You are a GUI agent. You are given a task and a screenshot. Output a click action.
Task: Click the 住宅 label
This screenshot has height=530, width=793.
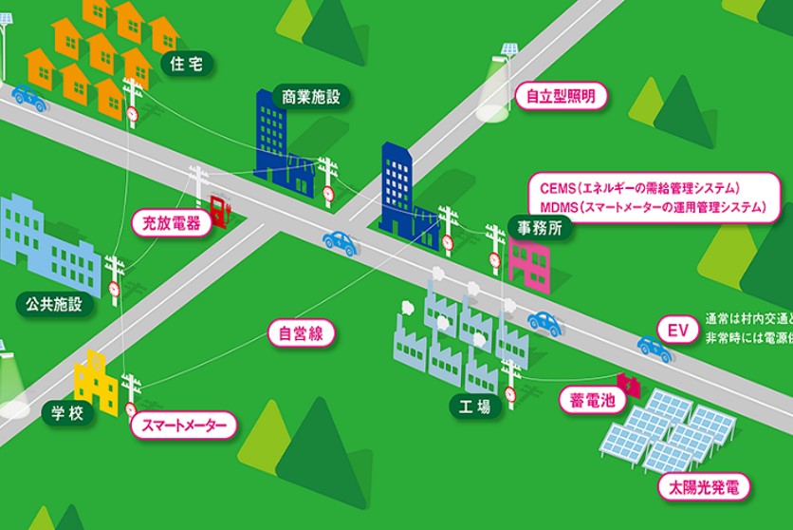pos(186,64)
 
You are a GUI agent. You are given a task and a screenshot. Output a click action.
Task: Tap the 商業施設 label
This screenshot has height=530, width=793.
pos(310,95)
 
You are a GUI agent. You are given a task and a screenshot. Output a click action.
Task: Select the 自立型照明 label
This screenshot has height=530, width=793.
pos(561,96)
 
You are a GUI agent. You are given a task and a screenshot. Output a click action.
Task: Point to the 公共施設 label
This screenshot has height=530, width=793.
pos(49,304)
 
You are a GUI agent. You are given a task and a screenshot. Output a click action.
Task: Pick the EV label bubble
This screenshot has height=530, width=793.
pos(676,331)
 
